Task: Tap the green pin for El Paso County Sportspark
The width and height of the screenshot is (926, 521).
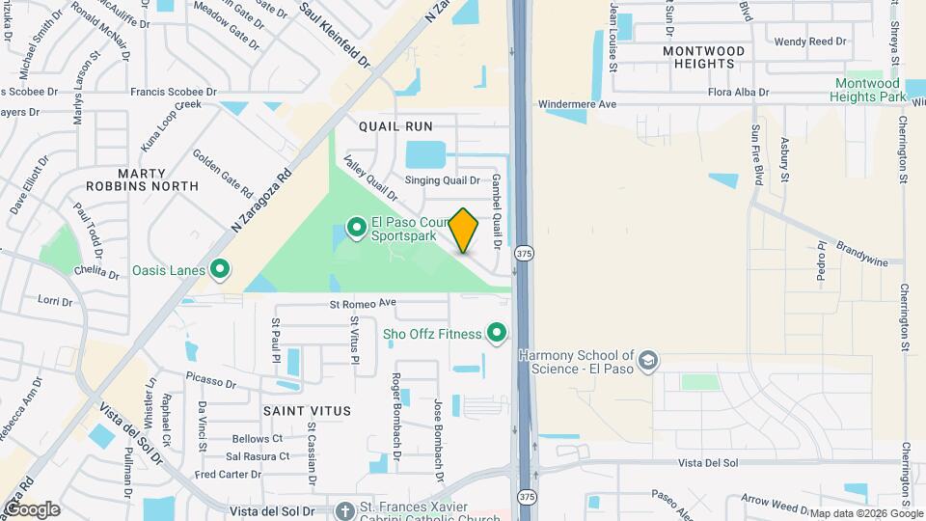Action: click(x=356, y=228)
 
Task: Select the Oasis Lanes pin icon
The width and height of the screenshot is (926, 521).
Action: click(x=220, y=270)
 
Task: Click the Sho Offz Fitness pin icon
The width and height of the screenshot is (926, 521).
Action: click(x=498, y=334)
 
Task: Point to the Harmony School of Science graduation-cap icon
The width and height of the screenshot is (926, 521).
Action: click(x=649, y=361)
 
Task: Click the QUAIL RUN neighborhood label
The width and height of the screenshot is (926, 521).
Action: click(x=395, y=126)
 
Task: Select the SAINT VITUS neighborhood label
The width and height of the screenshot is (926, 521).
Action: click(x=307, y=411)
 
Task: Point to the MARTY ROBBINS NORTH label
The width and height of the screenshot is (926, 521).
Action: click(x=142, y=178)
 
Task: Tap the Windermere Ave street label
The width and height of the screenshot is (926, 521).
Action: click(x=577, y=103)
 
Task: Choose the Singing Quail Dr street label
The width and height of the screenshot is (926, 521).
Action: click(x=442, y=180)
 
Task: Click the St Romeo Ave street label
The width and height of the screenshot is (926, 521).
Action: click(x=363, y=303)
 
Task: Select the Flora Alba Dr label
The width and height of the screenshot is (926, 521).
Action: click(x=738, y=93)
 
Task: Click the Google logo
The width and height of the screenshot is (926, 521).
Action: click(x=31, y=509)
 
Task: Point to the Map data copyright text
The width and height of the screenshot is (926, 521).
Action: click(x=864, y=513)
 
